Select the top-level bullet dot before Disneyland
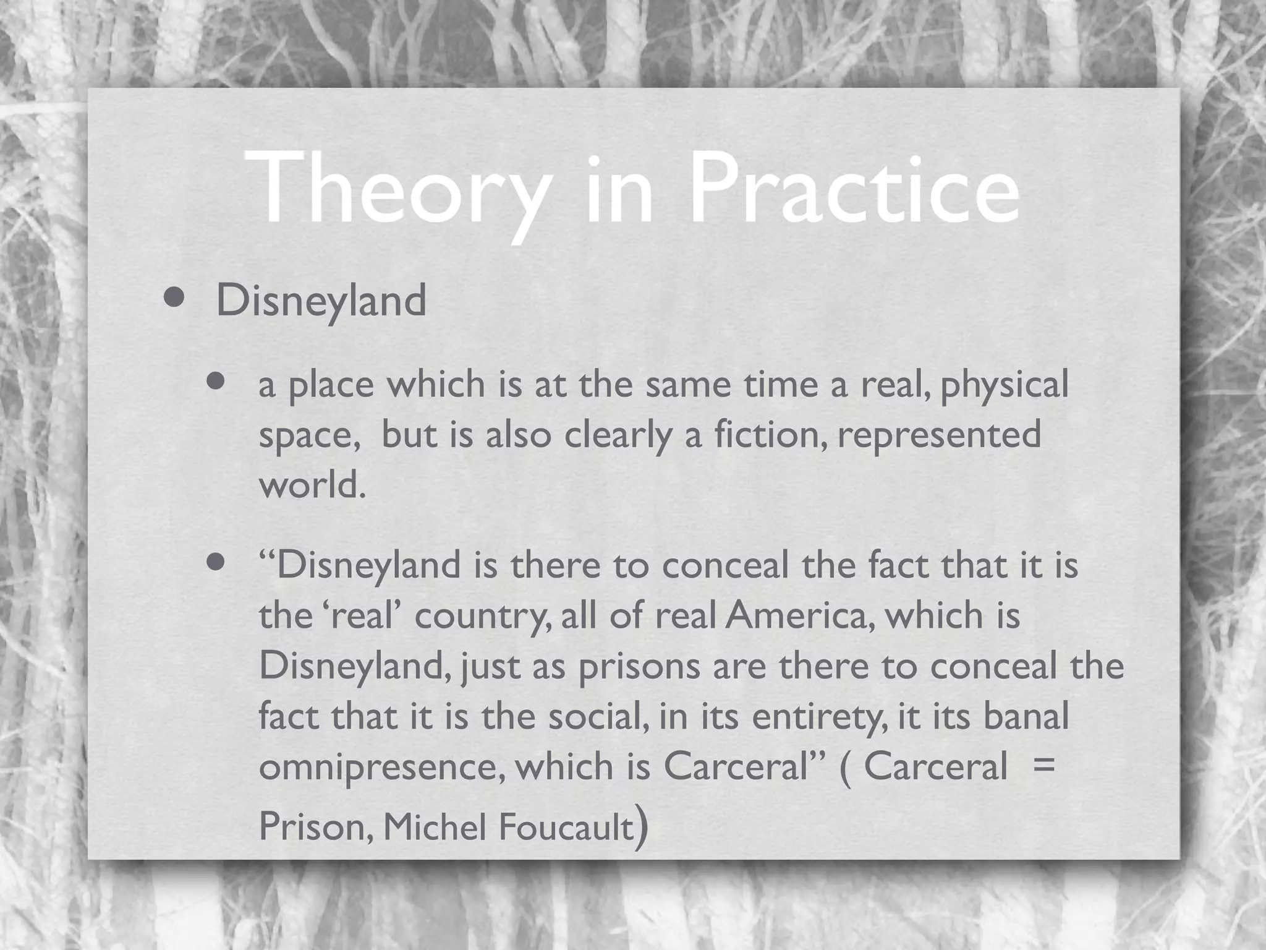click(x=174, y=299)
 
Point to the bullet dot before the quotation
click(x=216, y=562)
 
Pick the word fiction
click(x=771, y=434)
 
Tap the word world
click(x=312, y=484)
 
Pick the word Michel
click(x=435, y=826)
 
